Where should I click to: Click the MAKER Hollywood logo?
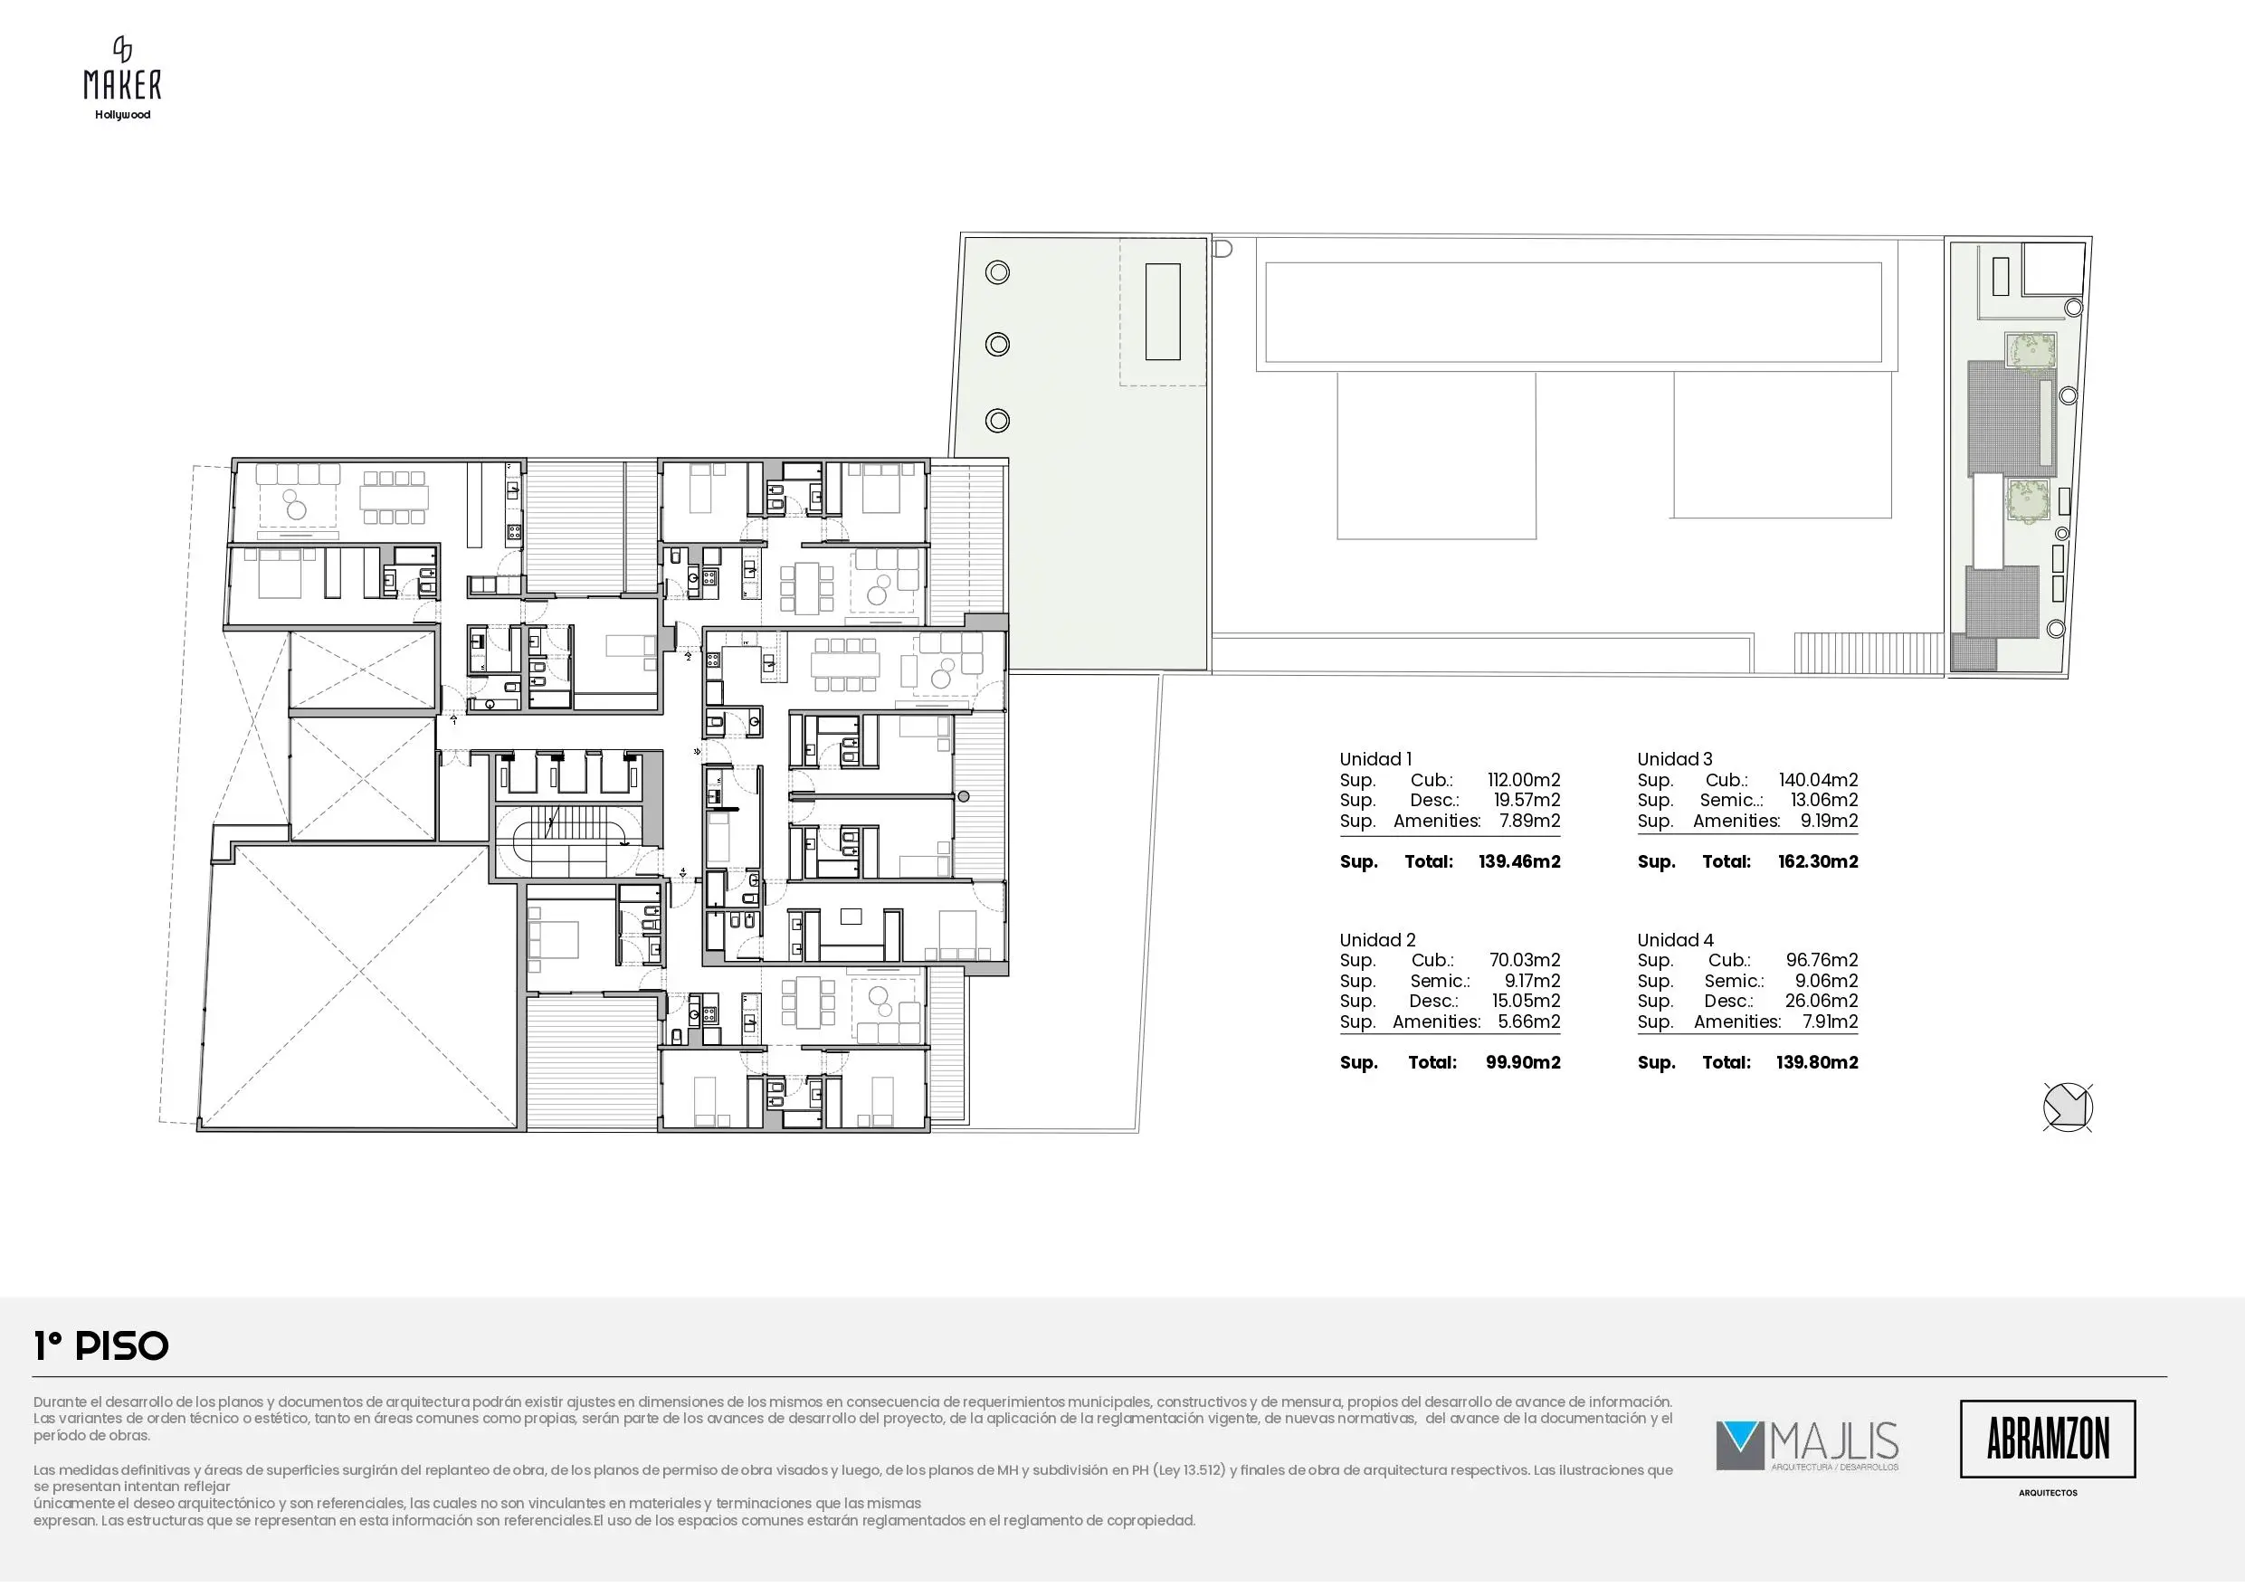click(x=122, y=78)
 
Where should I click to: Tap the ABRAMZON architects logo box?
click(x=2048, y=1440)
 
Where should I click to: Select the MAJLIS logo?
click(x=1807, y=1446)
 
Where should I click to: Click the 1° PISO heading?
click(x=101, y=1346)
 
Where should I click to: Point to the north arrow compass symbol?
click(x=2068, y=1107)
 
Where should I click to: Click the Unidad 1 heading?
click(x=1375, y=759)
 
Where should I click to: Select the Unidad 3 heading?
click(x=1675, y=759)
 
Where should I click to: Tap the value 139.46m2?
click(x=1519, y=861)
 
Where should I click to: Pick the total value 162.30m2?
click(x=1818, y=861)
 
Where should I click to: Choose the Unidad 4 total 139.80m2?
click(x=1817, y=1063)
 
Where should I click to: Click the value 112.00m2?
click(x=1524, y=780)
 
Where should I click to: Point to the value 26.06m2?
click(x=1821, y=1002)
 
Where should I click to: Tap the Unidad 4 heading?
click(x=1676, y=941)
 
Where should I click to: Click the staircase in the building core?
click(x=568, y=841)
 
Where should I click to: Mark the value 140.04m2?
click(x=1819, y=780)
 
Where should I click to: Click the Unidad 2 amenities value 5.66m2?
click(x=1530, y=1022)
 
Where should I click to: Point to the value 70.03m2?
click(x=1526, y=960)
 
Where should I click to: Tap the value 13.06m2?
click(x=1823, y=801)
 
